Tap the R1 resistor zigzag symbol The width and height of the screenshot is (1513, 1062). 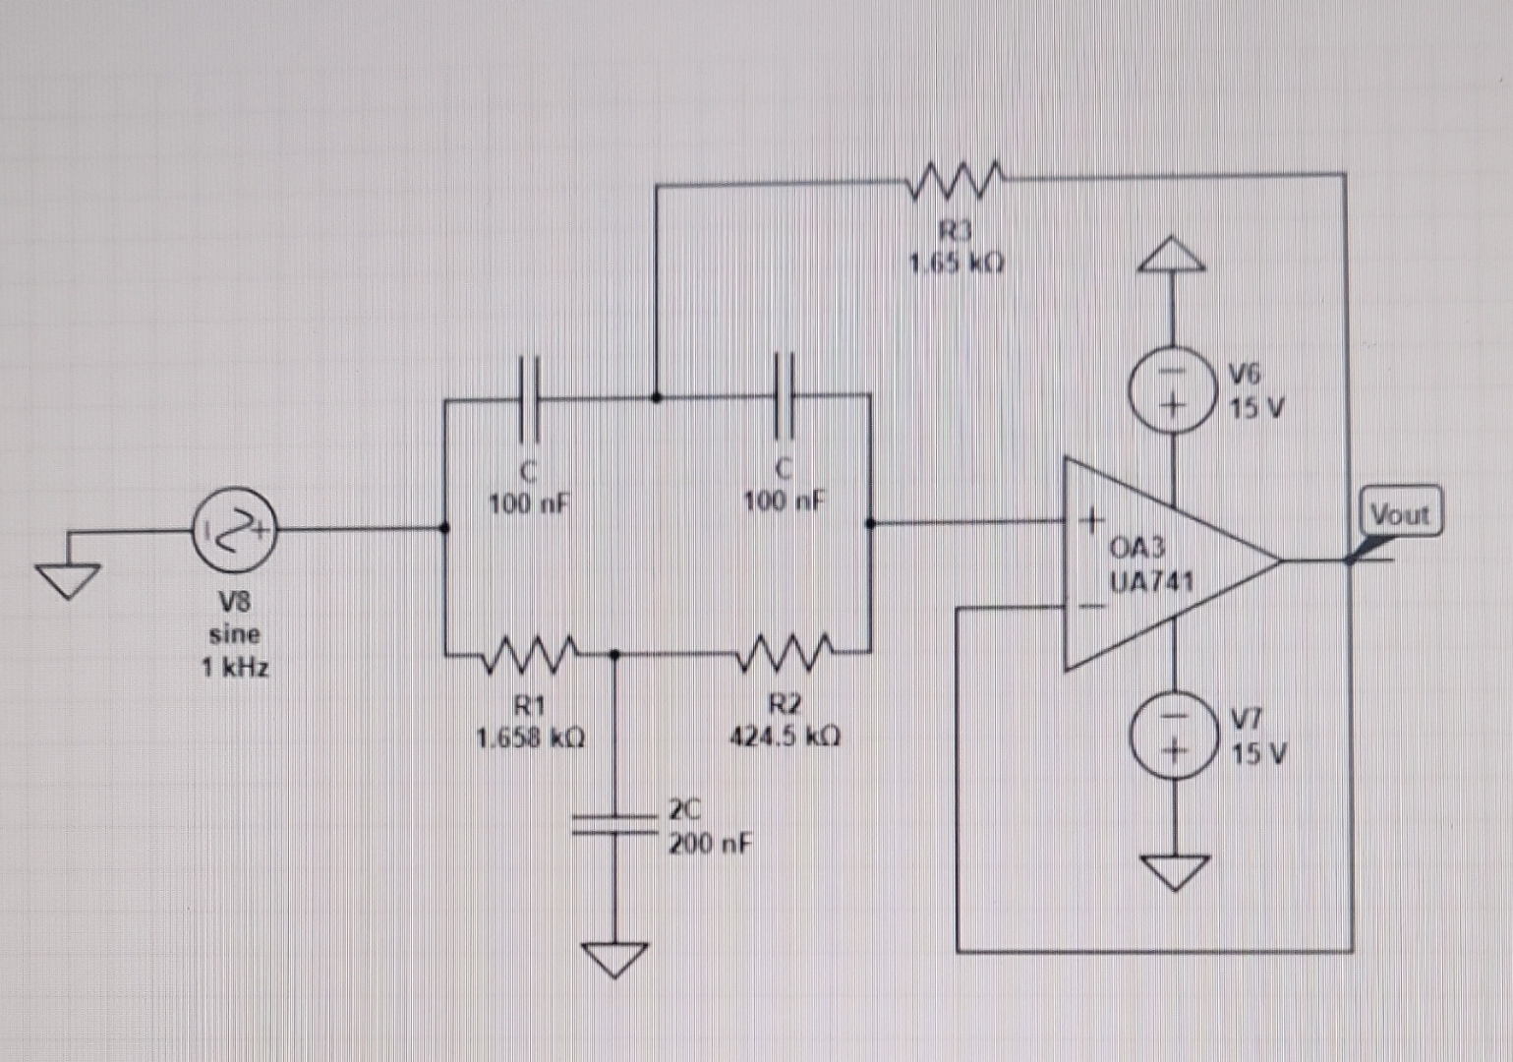(x=530, y=654)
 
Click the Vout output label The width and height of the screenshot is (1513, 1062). (x=1400, y=513)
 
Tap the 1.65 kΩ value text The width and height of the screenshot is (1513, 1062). (x=956, y=264)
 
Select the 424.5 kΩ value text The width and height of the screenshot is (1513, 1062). (x=785, y=737)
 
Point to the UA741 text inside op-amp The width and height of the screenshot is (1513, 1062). (x=1151, y=581)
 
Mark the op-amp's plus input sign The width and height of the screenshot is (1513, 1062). (x=1091, y=518)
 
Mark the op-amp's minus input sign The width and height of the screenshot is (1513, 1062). (x=1091, y=606)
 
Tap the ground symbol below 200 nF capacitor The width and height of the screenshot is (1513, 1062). (x=615, y=958)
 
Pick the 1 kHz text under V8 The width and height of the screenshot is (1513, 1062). (x=235, y=668)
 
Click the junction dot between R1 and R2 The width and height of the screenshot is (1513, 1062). (x=615, y=653)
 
